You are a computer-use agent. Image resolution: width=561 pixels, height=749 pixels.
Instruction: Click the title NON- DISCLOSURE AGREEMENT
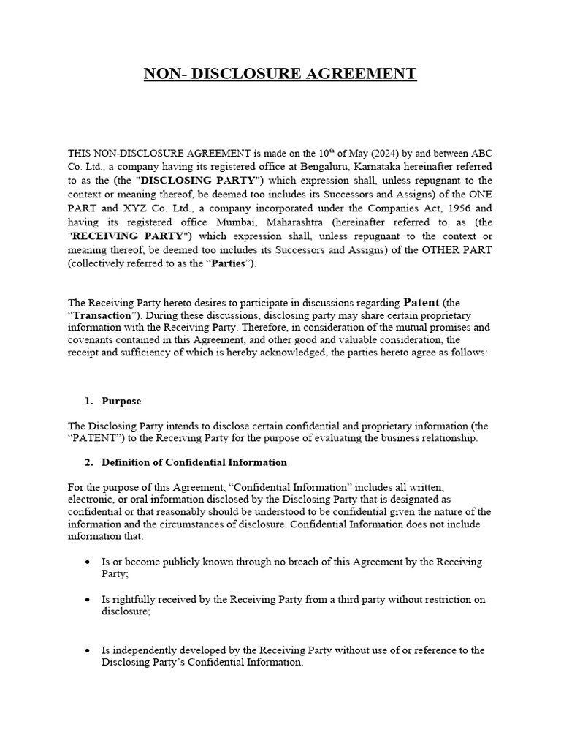(280, 74)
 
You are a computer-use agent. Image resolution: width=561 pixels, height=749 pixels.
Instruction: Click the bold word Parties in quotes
(232, 263)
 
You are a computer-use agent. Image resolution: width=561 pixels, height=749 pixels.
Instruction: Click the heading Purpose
(121, 402)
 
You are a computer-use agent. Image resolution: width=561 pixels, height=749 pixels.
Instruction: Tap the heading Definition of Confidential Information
(194, 462)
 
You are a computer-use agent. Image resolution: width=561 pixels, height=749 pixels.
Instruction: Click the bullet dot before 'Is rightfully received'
(88, 599)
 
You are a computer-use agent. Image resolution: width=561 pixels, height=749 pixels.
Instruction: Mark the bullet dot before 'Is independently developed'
(88, 650)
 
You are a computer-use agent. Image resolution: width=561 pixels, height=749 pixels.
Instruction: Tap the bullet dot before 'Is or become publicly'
(88, 562)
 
